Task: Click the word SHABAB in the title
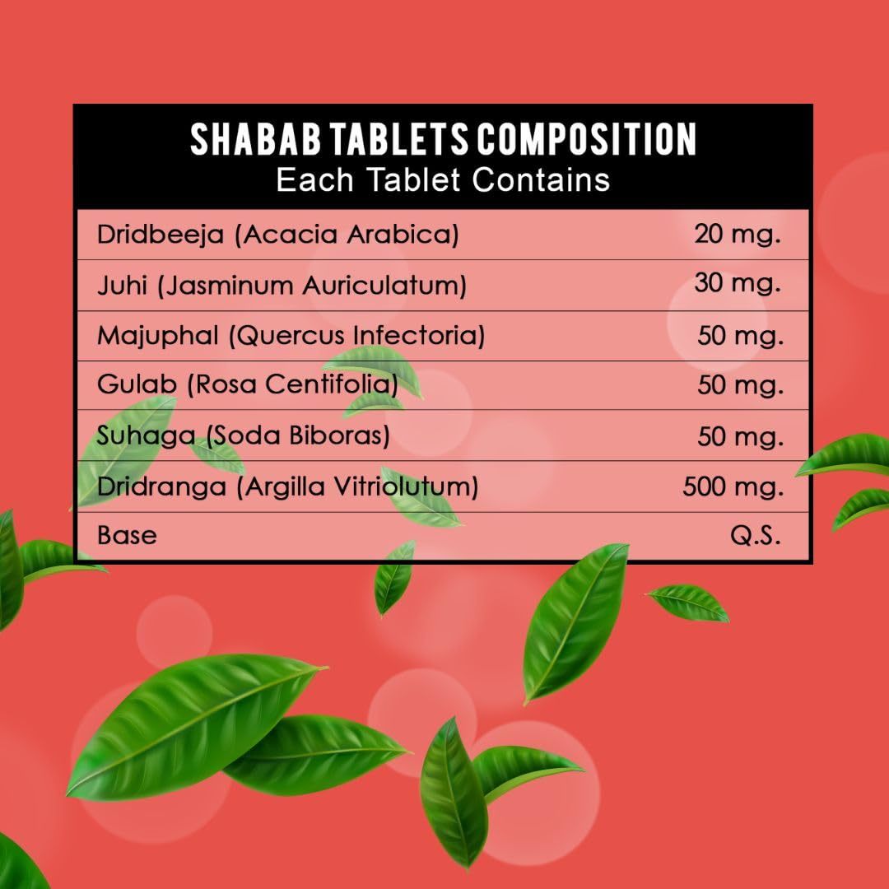click(256, 139)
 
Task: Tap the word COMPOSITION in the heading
click(586, 139)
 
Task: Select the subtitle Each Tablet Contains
click(443, 180)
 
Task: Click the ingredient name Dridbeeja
click(161, 234)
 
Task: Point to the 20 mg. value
click(738, 234)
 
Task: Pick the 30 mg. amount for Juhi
click(738, 283)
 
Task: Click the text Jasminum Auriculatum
click(312, 285)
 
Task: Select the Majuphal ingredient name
click(157, 335)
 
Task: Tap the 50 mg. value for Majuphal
click(741, 336)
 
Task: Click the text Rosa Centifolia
click(293, 384)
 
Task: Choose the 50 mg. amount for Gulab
click(741, 385)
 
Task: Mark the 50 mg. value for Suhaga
click(741, 436)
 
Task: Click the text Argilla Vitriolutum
click(358, 486)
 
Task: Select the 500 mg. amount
click(733, 487)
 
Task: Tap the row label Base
click(127, 535)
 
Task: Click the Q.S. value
click(756, 535)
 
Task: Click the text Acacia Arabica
click(347, 234)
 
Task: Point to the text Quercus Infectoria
click(357, 335)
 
